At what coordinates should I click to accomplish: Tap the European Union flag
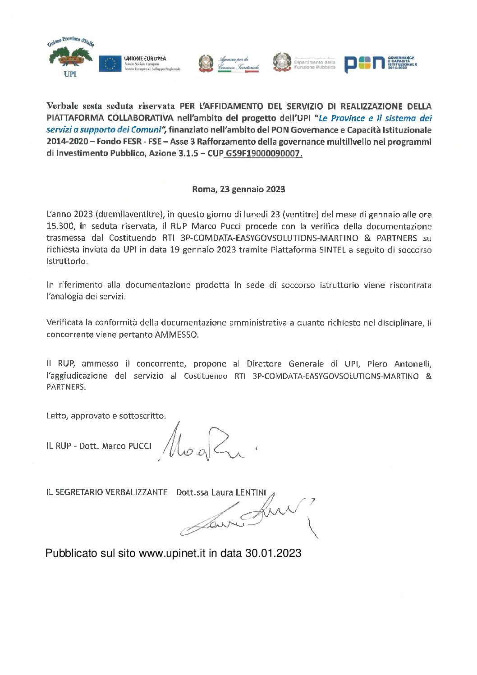pyautogui.click(x=110, y=64)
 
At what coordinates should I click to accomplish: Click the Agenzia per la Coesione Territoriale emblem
pyautogui.click(x=206, y=64)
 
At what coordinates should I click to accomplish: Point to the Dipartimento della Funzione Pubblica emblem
pyautogui.click(x=282, y=62)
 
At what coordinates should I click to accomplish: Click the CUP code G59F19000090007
pyautogui.click(x=264, y=153)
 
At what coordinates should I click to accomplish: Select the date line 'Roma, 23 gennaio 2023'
pyautogui.click(x=238, y=189)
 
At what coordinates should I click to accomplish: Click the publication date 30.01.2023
pyautogui.click(x=273, y=553)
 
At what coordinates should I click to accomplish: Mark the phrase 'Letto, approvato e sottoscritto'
pyautogui.click(x=105, y=416)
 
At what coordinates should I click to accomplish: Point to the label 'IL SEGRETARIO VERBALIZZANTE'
pyautogui.click(x=106, y=492)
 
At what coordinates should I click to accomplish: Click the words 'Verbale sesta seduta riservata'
pyautogui.click(x=110, y=106)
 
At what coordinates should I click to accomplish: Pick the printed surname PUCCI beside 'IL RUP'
pyautogui.click(x=140, y=446)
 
